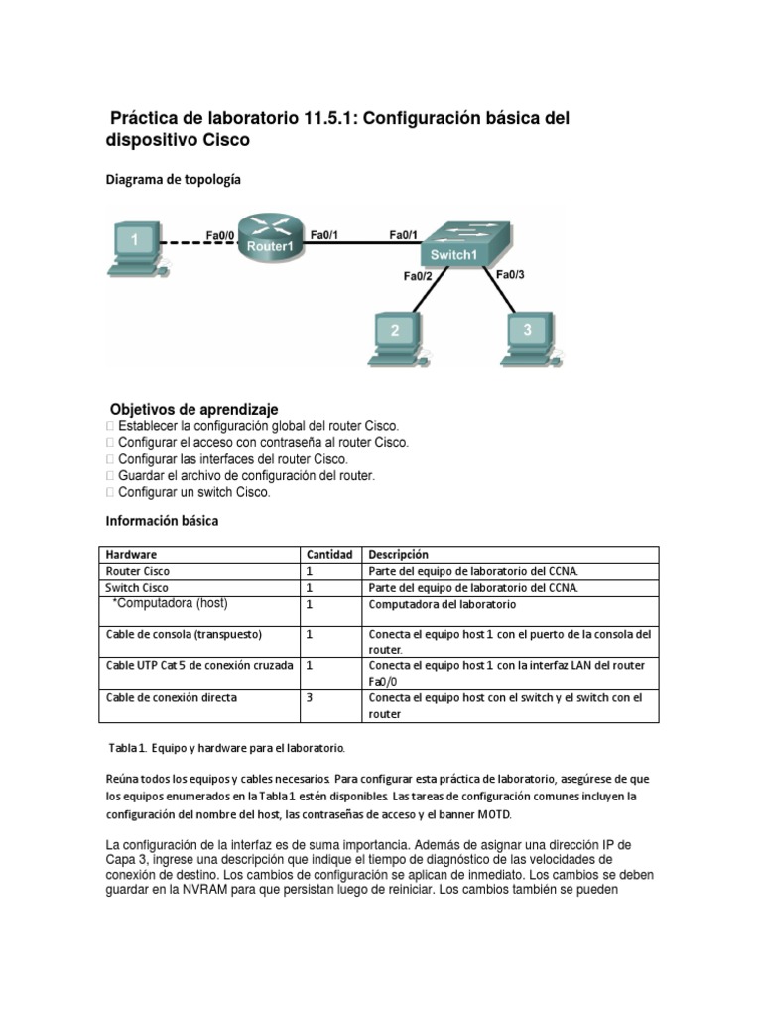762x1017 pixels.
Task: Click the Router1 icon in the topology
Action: [270, 239]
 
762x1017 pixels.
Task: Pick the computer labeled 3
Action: [527, 336]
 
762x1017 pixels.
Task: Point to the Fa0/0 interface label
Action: [220, 235]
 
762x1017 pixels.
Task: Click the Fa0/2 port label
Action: [417, 277]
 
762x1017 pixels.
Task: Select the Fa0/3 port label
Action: [510, 275]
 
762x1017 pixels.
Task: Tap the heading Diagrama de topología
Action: [173, 180]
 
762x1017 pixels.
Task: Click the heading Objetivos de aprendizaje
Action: [193, 409]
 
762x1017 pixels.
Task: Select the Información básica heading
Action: [162, 520]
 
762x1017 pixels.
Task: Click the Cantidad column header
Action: [328, 554]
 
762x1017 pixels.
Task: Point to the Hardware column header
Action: [131, 554]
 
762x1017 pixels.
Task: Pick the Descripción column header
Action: [398, 554]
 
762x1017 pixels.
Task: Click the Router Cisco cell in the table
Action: [138, 571]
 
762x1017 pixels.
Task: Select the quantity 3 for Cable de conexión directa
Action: [310, 698]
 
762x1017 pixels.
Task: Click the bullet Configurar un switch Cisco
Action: [193, 492]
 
